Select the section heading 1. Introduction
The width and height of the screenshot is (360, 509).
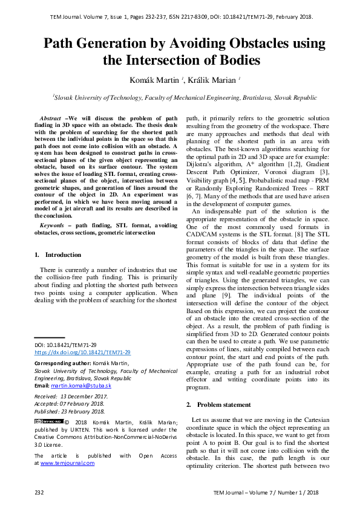pos(58,254)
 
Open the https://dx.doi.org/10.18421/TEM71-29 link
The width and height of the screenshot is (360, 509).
pos(82,351)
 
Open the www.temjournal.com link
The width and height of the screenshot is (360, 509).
pos(67,462)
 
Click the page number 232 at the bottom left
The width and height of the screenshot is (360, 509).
pos(39,493)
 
